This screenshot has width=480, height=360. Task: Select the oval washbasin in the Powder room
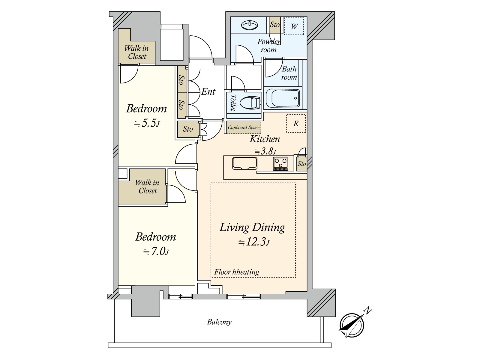pos(250,25)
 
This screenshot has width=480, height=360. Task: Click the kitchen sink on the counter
pos(244,164)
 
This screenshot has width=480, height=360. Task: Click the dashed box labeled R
pos(296,123)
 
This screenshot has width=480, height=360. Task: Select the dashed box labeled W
pos(294,26)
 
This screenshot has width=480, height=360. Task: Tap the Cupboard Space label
pos(243,127)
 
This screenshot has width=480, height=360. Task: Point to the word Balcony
pos(219,322)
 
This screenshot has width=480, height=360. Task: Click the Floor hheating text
pos(236,272)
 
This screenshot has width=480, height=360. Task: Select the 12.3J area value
pos(254,242)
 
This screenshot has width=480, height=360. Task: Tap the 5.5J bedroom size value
pos(147,123)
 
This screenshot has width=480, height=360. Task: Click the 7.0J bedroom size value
pos(156,251)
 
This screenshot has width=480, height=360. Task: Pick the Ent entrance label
pos(208,91)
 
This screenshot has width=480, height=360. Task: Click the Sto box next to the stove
pos(301,164)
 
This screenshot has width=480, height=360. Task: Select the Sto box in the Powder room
pos(274,25)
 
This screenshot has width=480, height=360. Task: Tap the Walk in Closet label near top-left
pos(137,52)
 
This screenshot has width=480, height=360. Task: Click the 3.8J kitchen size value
pos(265,151)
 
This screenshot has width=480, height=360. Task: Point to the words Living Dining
pos(252,227)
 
